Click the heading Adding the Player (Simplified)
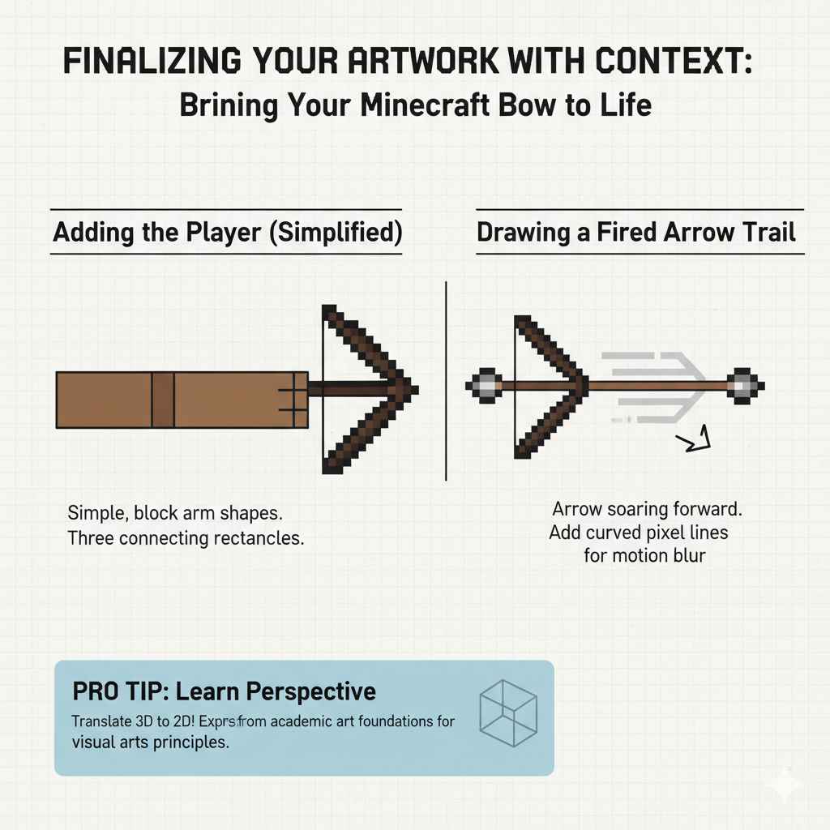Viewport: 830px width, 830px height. (x=227, y=233)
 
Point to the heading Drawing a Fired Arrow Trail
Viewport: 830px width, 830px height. (x=636, y=233)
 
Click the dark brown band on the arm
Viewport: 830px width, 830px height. (x=163, y=400)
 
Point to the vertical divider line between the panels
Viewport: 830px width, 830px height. (x=447, y=381)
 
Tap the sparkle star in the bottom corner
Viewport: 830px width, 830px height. (x=785, y=785)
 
